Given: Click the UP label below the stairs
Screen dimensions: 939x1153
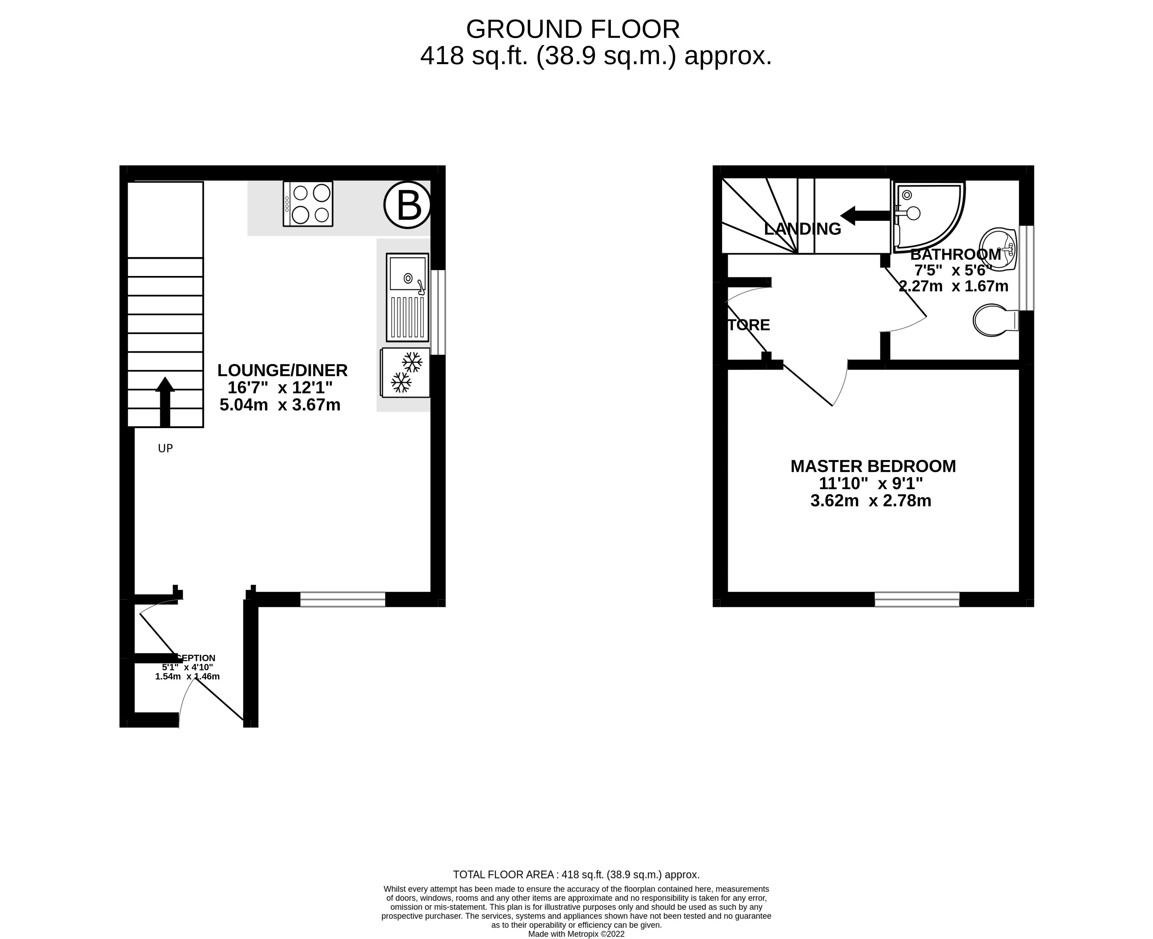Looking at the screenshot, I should [165, 448].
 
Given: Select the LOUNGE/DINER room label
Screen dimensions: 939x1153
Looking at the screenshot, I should [282, 371].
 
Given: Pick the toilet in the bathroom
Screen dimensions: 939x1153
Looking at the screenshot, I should [994, 320].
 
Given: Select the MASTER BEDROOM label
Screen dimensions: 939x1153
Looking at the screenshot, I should [873, 466].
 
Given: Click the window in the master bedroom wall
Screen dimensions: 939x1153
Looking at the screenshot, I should [917, 599].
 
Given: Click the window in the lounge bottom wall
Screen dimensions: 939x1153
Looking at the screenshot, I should [343, 599].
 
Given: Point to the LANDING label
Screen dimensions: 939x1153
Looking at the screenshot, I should [802, 229].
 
